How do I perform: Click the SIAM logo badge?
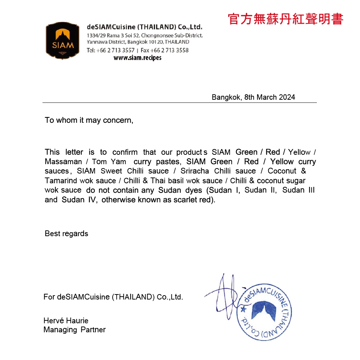click(63, 41)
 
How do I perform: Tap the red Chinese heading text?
click(285, 19)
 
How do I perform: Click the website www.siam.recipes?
click(138, 58)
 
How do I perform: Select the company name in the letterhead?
click(145, 27)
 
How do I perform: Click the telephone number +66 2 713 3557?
click(115, 50)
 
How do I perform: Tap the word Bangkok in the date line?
click(226, 97)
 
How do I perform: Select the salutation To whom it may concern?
click(89, 120)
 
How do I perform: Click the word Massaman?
click(63, 162)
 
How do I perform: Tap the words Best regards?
click(66, 234)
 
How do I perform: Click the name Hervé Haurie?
click(66, 320)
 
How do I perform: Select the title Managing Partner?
click(75, 329)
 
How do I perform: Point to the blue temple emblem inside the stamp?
click(264, 311)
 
